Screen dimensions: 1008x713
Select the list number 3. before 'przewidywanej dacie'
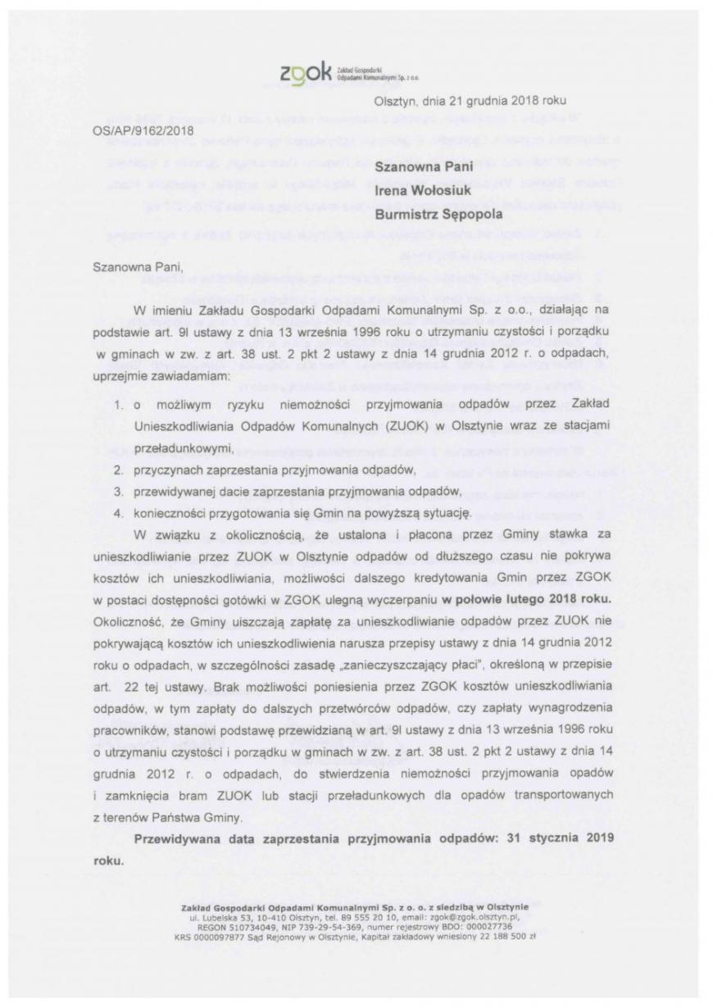click(118, 491)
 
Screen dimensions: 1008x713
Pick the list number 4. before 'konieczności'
click(118, 513)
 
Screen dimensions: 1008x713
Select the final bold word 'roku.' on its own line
click(108, 862)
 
